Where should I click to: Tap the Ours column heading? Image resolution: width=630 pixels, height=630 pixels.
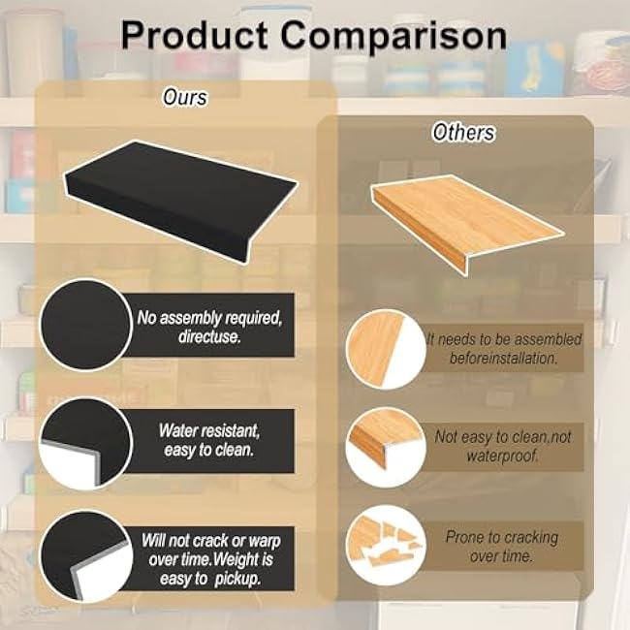point(184,97)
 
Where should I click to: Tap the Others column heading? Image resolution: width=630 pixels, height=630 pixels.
point(463,133)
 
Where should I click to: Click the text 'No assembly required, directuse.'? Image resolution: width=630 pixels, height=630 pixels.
point(209,324)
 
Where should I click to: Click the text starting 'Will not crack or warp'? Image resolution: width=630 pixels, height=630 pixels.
point(209,551)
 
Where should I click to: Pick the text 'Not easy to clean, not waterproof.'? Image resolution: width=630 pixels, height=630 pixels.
point(502,446)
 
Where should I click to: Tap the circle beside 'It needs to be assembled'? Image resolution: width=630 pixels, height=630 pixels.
point(386,347)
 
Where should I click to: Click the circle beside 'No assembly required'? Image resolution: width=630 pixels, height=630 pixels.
point(85,325)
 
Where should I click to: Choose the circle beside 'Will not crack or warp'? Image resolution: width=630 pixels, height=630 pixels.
point(85,555)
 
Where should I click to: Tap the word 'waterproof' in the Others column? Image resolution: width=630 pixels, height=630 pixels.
point(502,456)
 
